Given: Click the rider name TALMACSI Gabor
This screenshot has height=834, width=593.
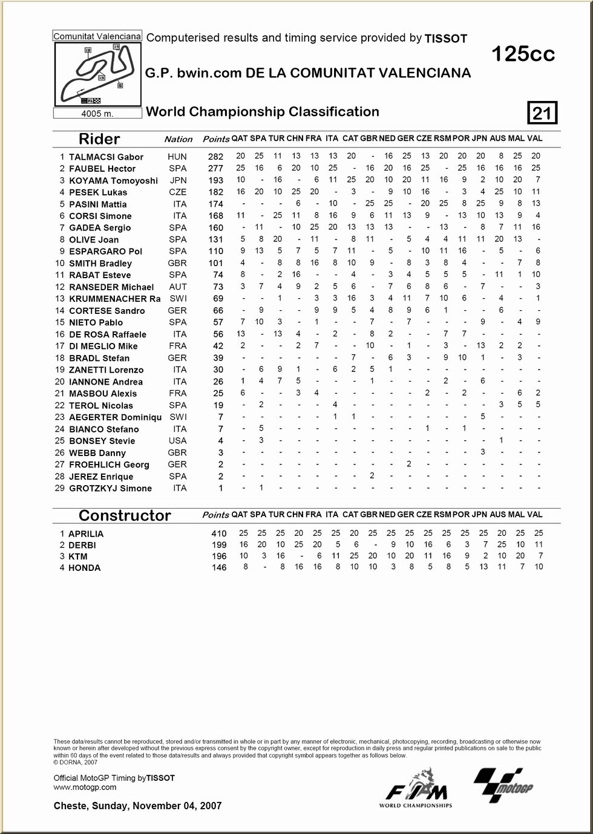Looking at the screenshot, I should click(106, 157).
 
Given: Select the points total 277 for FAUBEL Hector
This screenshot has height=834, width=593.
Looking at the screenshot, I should click(215, 169).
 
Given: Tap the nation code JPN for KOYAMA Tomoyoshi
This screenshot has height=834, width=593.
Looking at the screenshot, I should click(178, 180).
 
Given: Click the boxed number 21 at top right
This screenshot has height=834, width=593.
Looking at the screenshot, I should click(543, 113).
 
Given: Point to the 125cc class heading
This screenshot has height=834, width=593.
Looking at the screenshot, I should click(523, 54).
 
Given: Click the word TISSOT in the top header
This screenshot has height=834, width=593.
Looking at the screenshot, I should click(445, 39).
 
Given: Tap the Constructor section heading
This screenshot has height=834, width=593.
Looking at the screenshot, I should click(125, 515).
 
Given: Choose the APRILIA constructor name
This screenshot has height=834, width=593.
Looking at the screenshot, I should click(86, 534).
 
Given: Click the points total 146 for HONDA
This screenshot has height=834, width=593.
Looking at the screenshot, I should click(219, 568).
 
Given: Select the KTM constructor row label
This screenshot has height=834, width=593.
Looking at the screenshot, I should click(77, 556).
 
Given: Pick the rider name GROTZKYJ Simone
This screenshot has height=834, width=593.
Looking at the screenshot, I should click(110, 489).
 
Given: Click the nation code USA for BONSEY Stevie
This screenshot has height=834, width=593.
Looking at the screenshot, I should click(178, 441).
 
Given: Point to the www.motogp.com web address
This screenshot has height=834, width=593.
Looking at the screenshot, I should click(85, 787).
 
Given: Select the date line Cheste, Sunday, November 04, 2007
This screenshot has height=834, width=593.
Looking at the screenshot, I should click(137, 806).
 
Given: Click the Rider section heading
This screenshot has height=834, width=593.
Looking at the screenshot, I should click(99, 139).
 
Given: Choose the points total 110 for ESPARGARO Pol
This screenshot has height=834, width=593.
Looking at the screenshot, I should click(216, 252).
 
